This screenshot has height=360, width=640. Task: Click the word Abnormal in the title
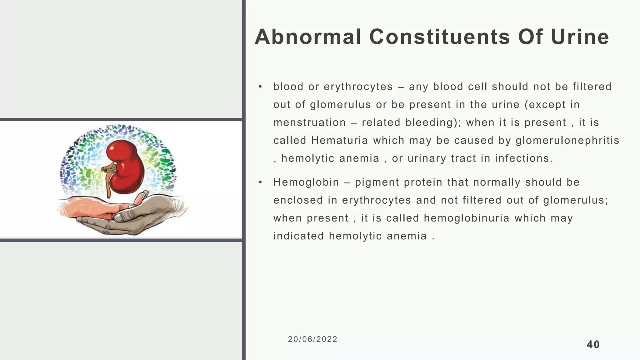pyautogui.click(x=308, y=37)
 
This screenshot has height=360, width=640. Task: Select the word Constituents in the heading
pyautogui.click(x=439, y=37)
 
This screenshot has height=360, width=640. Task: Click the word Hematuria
pyautogui.click(x=340, y=141)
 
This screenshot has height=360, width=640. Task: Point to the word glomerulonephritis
pyautogui.click(x=567, y=141)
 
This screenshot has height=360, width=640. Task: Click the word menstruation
pyautogui.click(x=309, y=122)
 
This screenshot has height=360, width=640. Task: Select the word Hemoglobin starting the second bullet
pyautogui.click(x=306, y=182)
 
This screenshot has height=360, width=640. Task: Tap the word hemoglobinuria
pyautogui.click(x=467, y=218)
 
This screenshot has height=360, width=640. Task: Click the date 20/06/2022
pyautogui.click(x=312, y=339)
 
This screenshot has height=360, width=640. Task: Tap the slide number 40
pyautogui.click(x=593, y=345)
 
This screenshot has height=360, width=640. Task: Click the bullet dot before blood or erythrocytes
pyautogui.click(x=260, y=87)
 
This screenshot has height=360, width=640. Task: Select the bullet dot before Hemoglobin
pyautogui.click(x=260, y=182)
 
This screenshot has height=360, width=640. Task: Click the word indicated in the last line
pyautogui.click(x=298, y=236)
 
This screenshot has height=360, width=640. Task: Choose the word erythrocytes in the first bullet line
pyautogui.click(x=358, y=87)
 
